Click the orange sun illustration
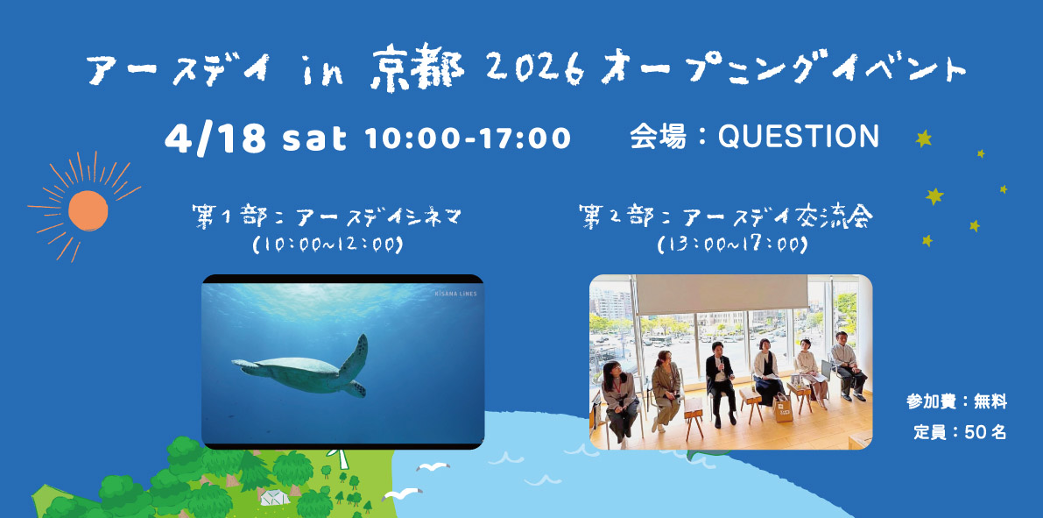(88, 209)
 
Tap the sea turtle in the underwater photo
(307, 368)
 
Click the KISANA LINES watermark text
(455, 293)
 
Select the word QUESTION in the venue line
(798, 137)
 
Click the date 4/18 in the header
(215, 138)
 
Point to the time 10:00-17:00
(468, 138)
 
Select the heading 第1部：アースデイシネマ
(326, 217)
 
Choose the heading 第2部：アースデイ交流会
(727, 216)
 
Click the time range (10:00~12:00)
(328, 245)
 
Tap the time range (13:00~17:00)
(732, 245)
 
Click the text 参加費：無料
(956, 401)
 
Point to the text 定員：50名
(960, 432)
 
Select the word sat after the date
(314, 138)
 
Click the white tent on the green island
(275, 497)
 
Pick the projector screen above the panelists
(722, 294)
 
